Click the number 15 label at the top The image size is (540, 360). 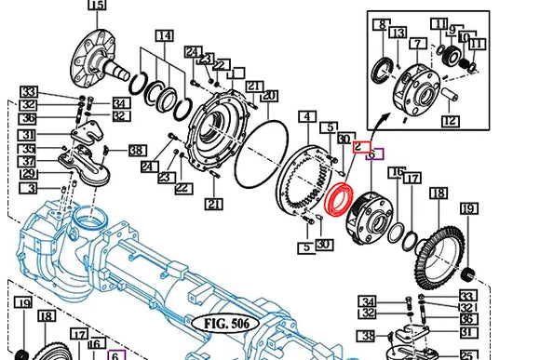(96, 6)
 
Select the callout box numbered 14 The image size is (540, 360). (164, 36)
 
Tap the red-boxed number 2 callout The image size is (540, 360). (363, 147)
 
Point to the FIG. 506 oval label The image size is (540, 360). (226, 324)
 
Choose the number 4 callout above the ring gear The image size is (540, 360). (306, 117)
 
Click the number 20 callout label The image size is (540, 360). (269, 96)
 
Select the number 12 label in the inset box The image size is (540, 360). (450, 120)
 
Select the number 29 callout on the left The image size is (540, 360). (29, 174)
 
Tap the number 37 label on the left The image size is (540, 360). (29, 162)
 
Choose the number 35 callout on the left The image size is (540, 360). (29, 149)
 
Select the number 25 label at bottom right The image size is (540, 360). (468, 354)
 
